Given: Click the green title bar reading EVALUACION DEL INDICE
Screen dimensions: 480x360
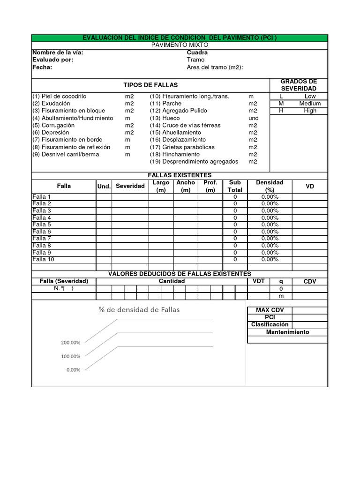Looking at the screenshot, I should coord(180,37).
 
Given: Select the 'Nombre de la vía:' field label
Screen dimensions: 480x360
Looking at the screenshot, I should coord(58,52).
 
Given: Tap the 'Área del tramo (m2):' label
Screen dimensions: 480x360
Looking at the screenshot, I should coord(215,67).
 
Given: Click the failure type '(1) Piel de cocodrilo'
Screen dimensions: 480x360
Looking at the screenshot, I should coord(60,96).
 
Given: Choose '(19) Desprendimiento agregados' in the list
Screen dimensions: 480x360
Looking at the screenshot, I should coord(194,161).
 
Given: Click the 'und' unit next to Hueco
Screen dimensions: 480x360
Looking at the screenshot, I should coord(253,118).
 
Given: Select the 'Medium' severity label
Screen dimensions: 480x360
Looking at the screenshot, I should coord(310,103).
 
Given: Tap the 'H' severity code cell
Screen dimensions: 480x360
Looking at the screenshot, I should coord(281,111).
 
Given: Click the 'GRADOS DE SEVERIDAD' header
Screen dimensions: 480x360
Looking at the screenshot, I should coord(299,85).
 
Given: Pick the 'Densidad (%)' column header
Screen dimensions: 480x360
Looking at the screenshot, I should coord(270,186).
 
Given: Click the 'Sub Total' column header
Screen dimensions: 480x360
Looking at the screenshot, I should coord(235,186).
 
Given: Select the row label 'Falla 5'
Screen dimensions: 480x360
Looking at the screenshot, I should coord(42,225).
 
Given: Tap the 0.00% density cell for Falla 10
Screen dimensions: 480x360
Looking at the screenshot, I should coord(270,259).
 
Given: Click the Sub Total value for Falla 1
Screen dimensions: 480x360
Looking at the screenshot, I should coord(235,197).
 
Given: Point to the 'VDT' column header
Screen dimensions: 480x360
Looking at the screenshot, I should coord(258,281).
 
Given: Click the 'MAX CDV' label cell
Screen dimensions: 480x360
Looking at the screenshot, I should coord(267,310).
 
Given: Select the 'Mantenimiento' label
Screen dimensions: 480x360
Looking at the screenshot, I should coord(287,332).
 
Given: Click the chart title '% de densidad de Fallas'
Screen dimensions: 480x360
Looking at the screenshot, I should coord(139,309).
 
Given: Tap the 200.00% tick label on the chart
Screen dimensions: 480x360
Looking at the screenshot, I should coord(70,343).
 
